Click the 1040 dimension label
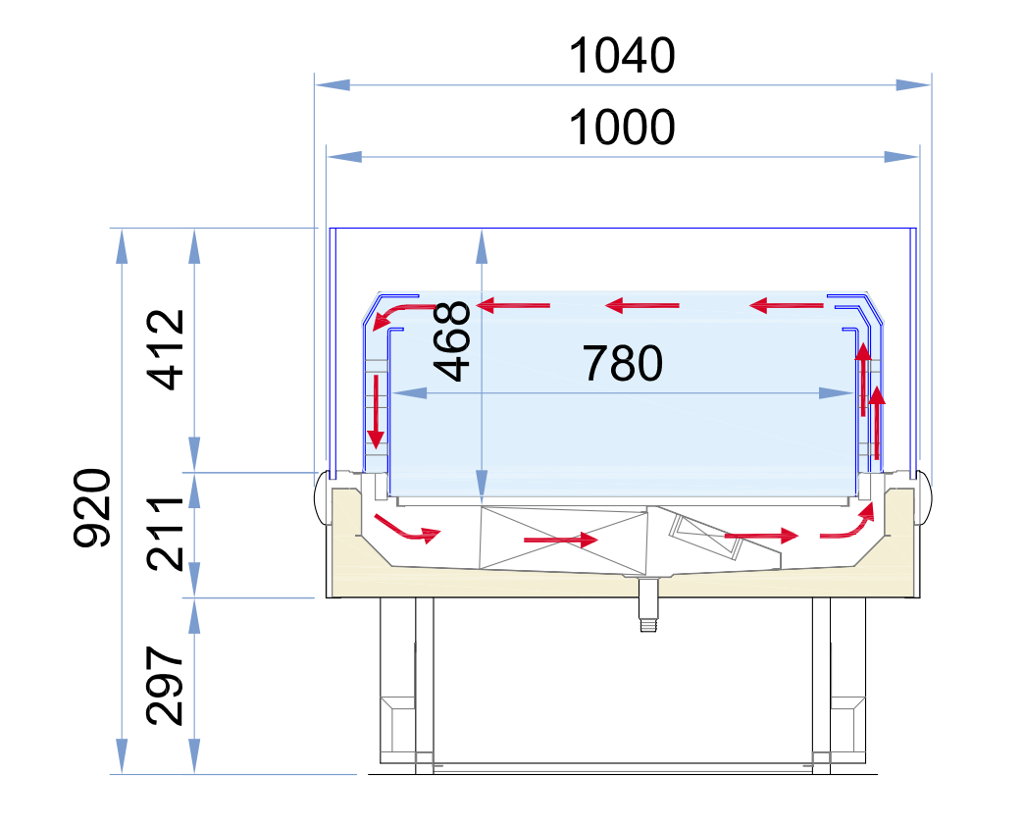click(x=622, y=56)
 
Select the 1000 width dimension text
click(x=622, y=128)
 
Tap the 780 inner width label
click(x=623, y=363)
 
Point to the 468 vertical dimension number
click(x=452, y=340)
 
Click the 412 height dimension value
click(x=165, y=349)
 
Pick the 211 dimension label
click(x=165, y=534)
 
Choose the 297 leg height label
click(x=165, y=686)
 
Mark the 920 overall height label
click(x=92, y=507)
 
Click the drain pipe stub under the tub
click(x=647, y=604)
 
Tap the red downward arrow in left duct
click(x=377, y=411)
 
